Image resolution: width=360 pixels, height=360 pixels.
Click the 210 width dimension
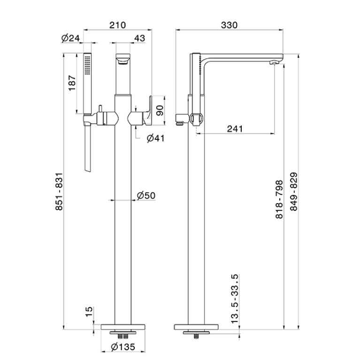coord(117,25)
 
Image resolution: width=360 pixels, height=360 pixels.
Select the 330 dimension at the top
coord(229,25)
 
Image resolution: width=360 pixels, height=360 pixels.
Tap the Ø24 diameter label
coord(70,38)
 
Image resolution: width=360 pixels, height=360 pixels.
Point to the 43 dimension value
coord(139,38)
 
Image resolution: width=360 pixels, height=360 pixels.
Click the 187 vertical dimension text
coord(72,83)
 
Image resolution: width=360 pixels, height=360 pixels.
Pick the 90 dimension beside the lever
coord(160,110)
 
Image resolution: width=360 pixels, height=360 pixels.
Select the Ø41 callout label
coord(156,138)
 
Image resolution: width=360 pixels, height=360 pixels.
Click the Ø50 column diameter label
coord(146,195)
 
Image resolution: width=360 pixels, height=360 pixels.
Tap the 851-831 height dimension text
coord(59,191)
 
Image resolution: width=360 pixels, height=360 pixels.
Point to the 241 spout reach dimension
coord(235,129)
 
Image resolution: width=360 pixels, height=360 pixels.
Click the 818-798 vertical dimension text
coord(279,199)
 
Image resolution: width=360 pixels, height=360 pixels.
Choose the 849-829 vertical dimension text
coord(294,191)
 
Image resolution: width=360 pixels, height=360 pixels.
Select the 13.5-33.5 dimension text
coord(235,299)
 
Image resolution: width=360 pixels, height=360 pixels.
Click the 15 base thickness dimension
coord(89,312)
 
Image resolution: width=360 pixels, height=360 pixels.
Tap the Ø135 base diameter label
coord(123,347)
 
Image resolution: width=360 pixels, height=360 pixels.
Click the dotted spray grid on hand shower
coord(87,65)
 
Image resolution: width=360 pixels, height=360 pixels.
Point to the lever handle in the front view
coord(148,111)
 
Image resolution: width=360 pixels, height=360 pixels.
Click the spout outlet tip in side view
coord(274,62)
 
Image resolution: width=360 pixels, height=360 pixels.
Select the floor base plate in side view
coord(196,327)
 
